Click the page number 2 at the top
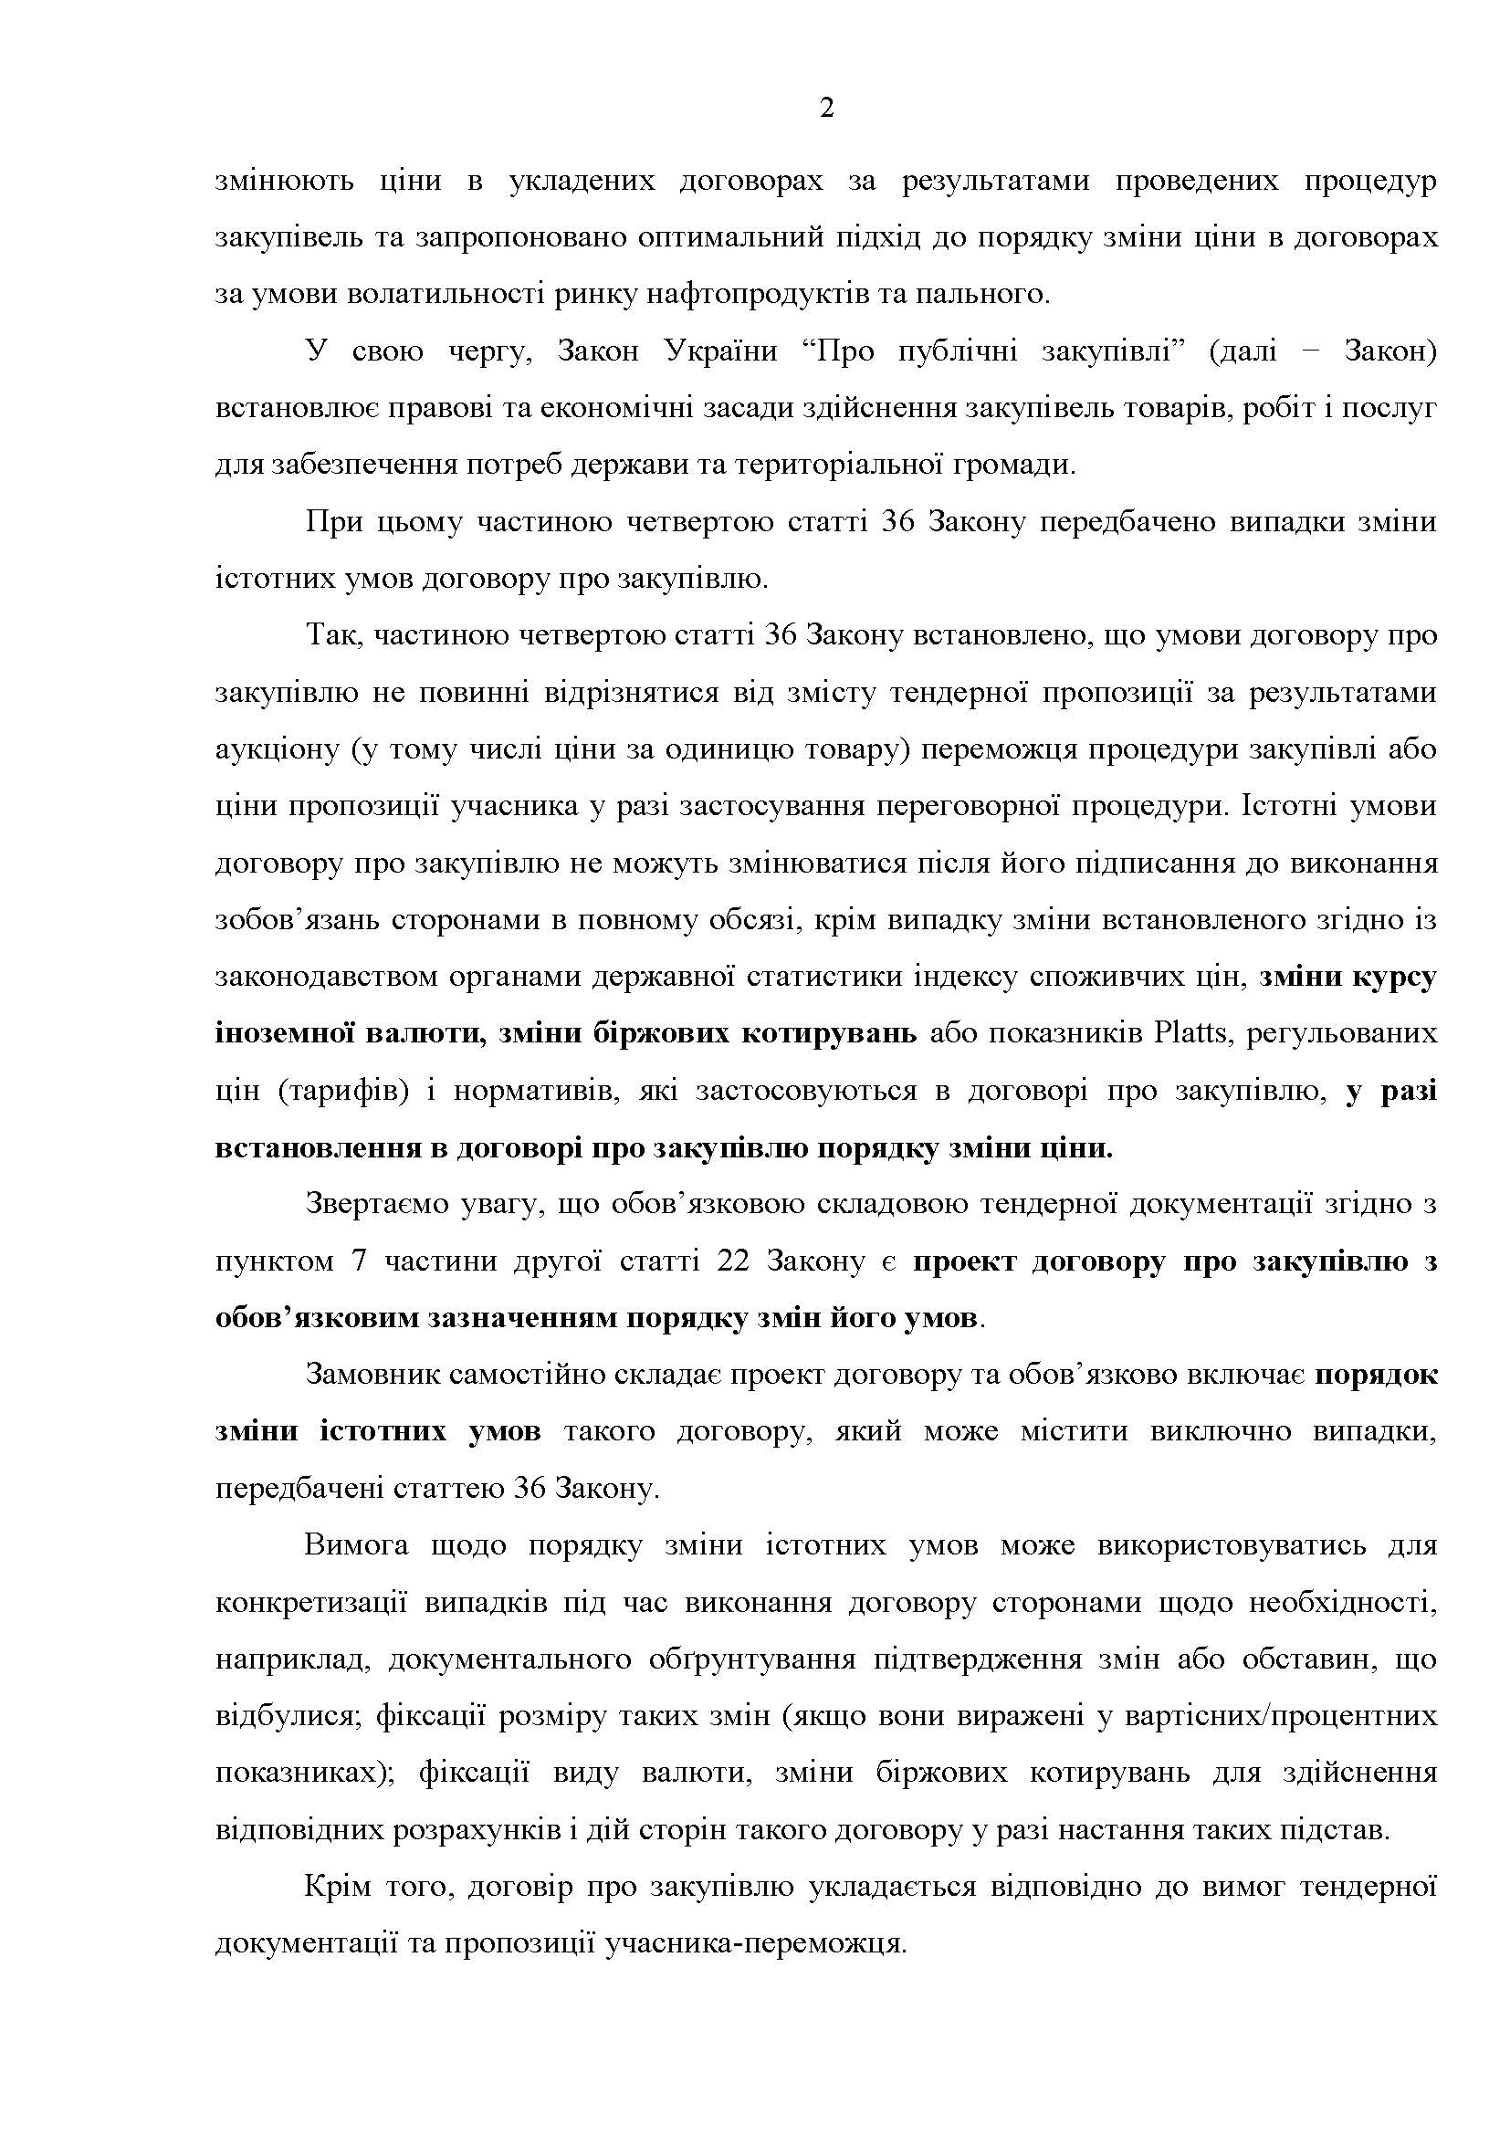click(x=826, y=109)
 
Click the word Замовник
click(x=370, y=1376)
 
